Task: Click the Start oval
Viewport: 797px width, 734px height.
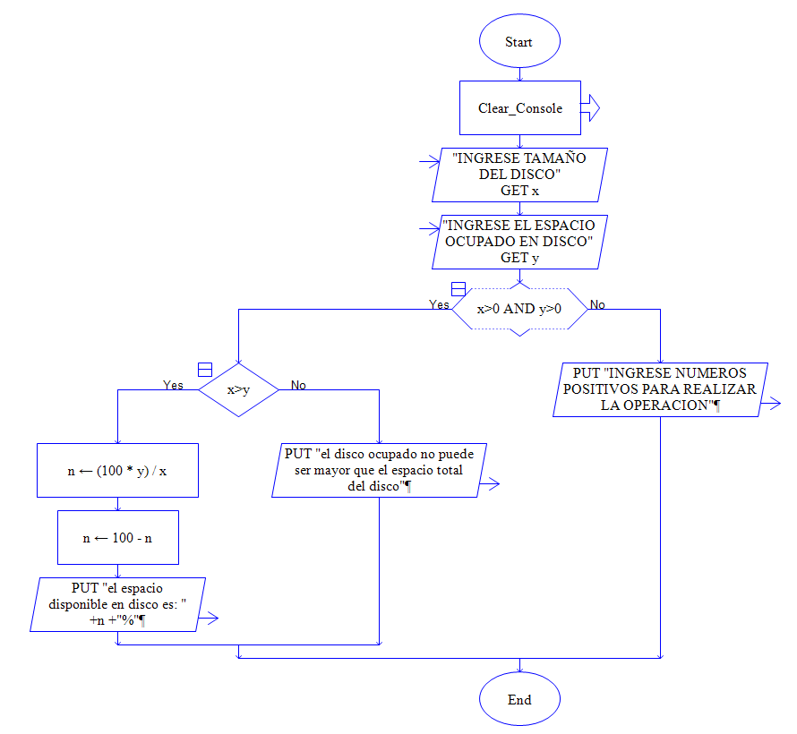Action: (518, 42)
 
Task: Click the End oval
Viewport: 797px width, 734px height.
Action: (518, 699)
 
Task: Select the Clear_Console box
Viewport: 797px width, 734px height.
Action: (519, 108)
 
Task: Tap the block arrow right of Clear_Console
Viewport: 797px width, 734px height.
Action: (590, 108)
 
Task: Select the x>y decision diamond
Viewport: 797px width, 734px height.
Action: (238, 389)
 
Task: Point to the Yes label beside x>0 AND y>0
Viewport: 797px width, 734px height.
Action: (439, 305)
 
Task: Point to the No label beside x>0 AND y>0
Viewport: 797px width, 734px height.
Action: (597, 305)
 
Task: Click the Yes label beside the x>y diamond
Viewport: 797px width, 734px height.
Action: (173, 385)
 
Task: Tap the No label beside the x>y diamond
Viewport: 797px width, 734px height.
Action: (298, 385)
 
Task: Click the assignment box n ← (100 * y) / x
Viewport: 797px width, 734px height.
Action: (117, 470)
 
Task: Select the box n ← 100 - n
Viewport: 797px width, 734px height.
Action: (117, 538)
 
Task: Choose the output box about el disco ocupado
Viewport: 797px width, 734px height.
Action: (380, 470)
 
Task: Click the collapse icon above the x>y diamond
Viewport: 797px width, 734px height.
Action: (204, 369)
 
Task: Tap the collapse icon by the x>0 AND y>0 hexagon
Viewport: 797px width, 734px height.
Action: (458, 289)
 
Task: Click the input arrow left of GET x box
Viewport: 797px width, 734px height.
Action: (429, 162)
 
